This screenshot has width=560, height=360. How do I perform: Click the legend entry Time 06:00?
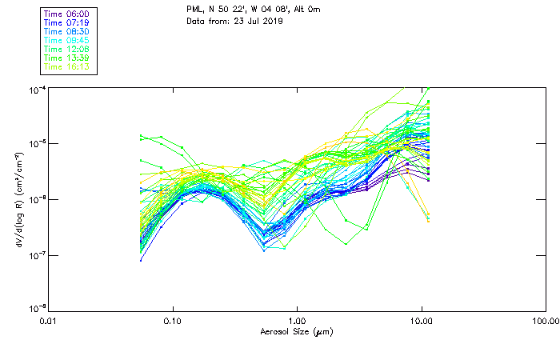point(66,14)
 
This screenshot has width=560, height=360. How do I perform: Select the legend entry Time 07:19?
point(66,23)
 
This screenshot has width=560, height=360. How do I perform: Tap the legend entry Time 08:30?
point(66,32)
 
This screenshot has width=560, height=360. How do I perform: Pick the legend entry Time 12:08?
point(66,50)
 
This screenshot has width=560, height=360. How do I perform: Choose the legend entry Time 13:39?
point(66,58)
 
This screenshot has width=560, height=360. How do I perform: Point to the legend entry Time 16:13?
point(66,67)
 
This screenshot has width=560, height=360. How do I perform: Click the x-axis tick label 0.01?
point(49,322)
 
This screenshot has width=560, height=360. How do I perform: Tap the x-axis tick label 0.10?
point(173,322)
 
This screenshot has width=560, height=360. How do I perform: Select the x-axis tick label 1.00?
point(298,322)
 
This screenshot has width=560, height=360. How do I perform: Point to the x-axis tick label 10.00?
point(422,322)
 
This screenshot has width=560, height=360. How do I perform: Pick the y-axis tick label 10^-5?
point(35,143)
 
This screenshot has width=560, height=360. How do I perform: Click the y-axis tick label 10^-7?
point(35,255)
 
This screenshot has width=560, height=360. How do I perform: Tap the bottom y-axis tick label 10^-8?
point(35,308)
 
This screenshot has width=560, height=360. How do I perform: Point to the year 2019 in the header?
point(261,21)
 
